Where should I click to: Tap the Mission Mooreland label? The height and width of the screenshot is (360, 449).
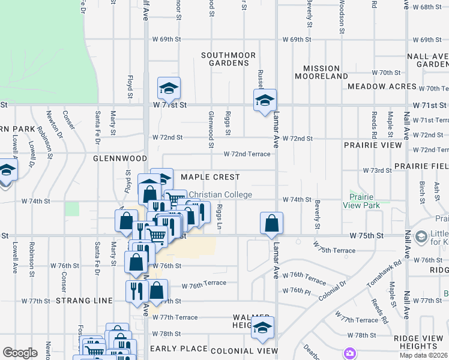point(321,73)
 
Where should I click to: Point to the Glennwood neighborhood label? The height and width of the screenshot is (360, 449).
point(120,158)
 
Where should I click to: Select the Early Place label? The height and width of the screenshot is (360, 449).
point(178,349)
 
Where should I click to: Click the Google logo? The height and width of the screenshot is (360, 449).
point(20,353)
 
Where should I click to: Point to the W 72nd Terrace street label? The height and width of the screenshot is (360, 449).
point(247,154)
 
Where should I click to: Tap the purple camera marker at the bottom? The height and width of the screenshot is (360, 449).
point(349,352)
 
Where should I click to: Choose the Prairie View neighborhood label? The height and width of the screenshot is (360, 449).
point(373,145)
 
